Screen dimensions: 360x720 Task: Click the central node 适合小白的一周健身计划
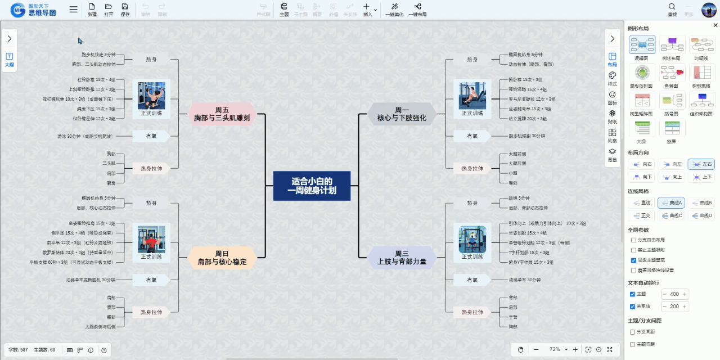[x=312, y=186]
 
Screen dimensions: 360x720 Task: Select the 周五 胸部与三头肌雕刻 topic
[x=221, y=114]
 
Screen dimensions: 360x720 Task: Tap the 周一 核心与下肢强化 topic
[x=402, y=114]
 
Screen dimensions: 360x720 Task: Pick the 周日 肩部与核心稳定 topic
[x=221, y=258]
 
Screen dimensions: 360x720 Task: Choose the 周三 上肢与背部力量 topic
[x=402, y=258]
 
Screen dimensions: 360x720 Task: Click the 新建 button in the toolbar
[x=92, y=10]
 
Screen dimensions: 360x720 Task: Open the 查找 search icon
[x=672, y=10]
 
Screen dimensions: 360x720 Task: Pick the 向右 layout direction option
[x=641, y=164]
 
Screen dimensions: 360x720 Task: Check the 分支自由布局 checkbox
[x=633, y=240]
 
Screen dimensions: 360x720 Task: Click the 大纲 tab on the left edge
[x=10, y=60]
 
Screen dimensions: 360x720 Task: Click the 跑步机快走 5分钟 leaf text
[x=98, y=55]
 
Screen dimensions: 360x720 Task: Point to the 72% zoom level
[x=555, y=349]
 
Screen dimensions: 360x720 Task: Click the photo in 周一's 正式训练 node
[x=472, y=96]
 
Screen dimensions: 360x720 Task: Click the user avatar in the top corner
[x=708, y=10]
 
